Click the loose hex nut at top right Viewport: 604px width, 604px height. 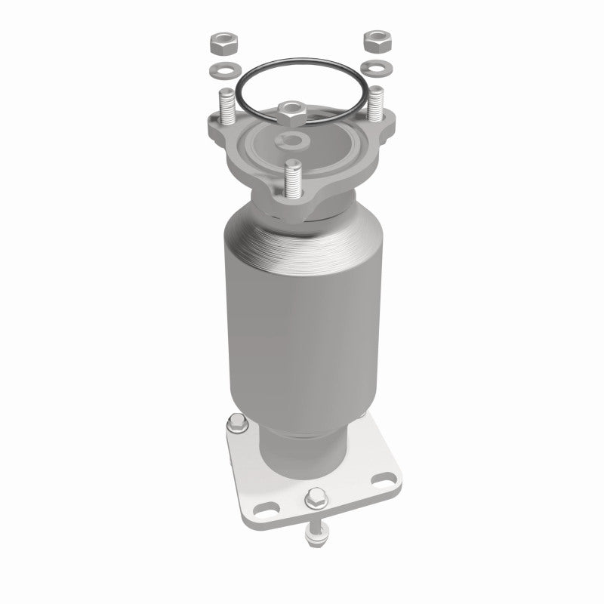click(374, 42)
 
